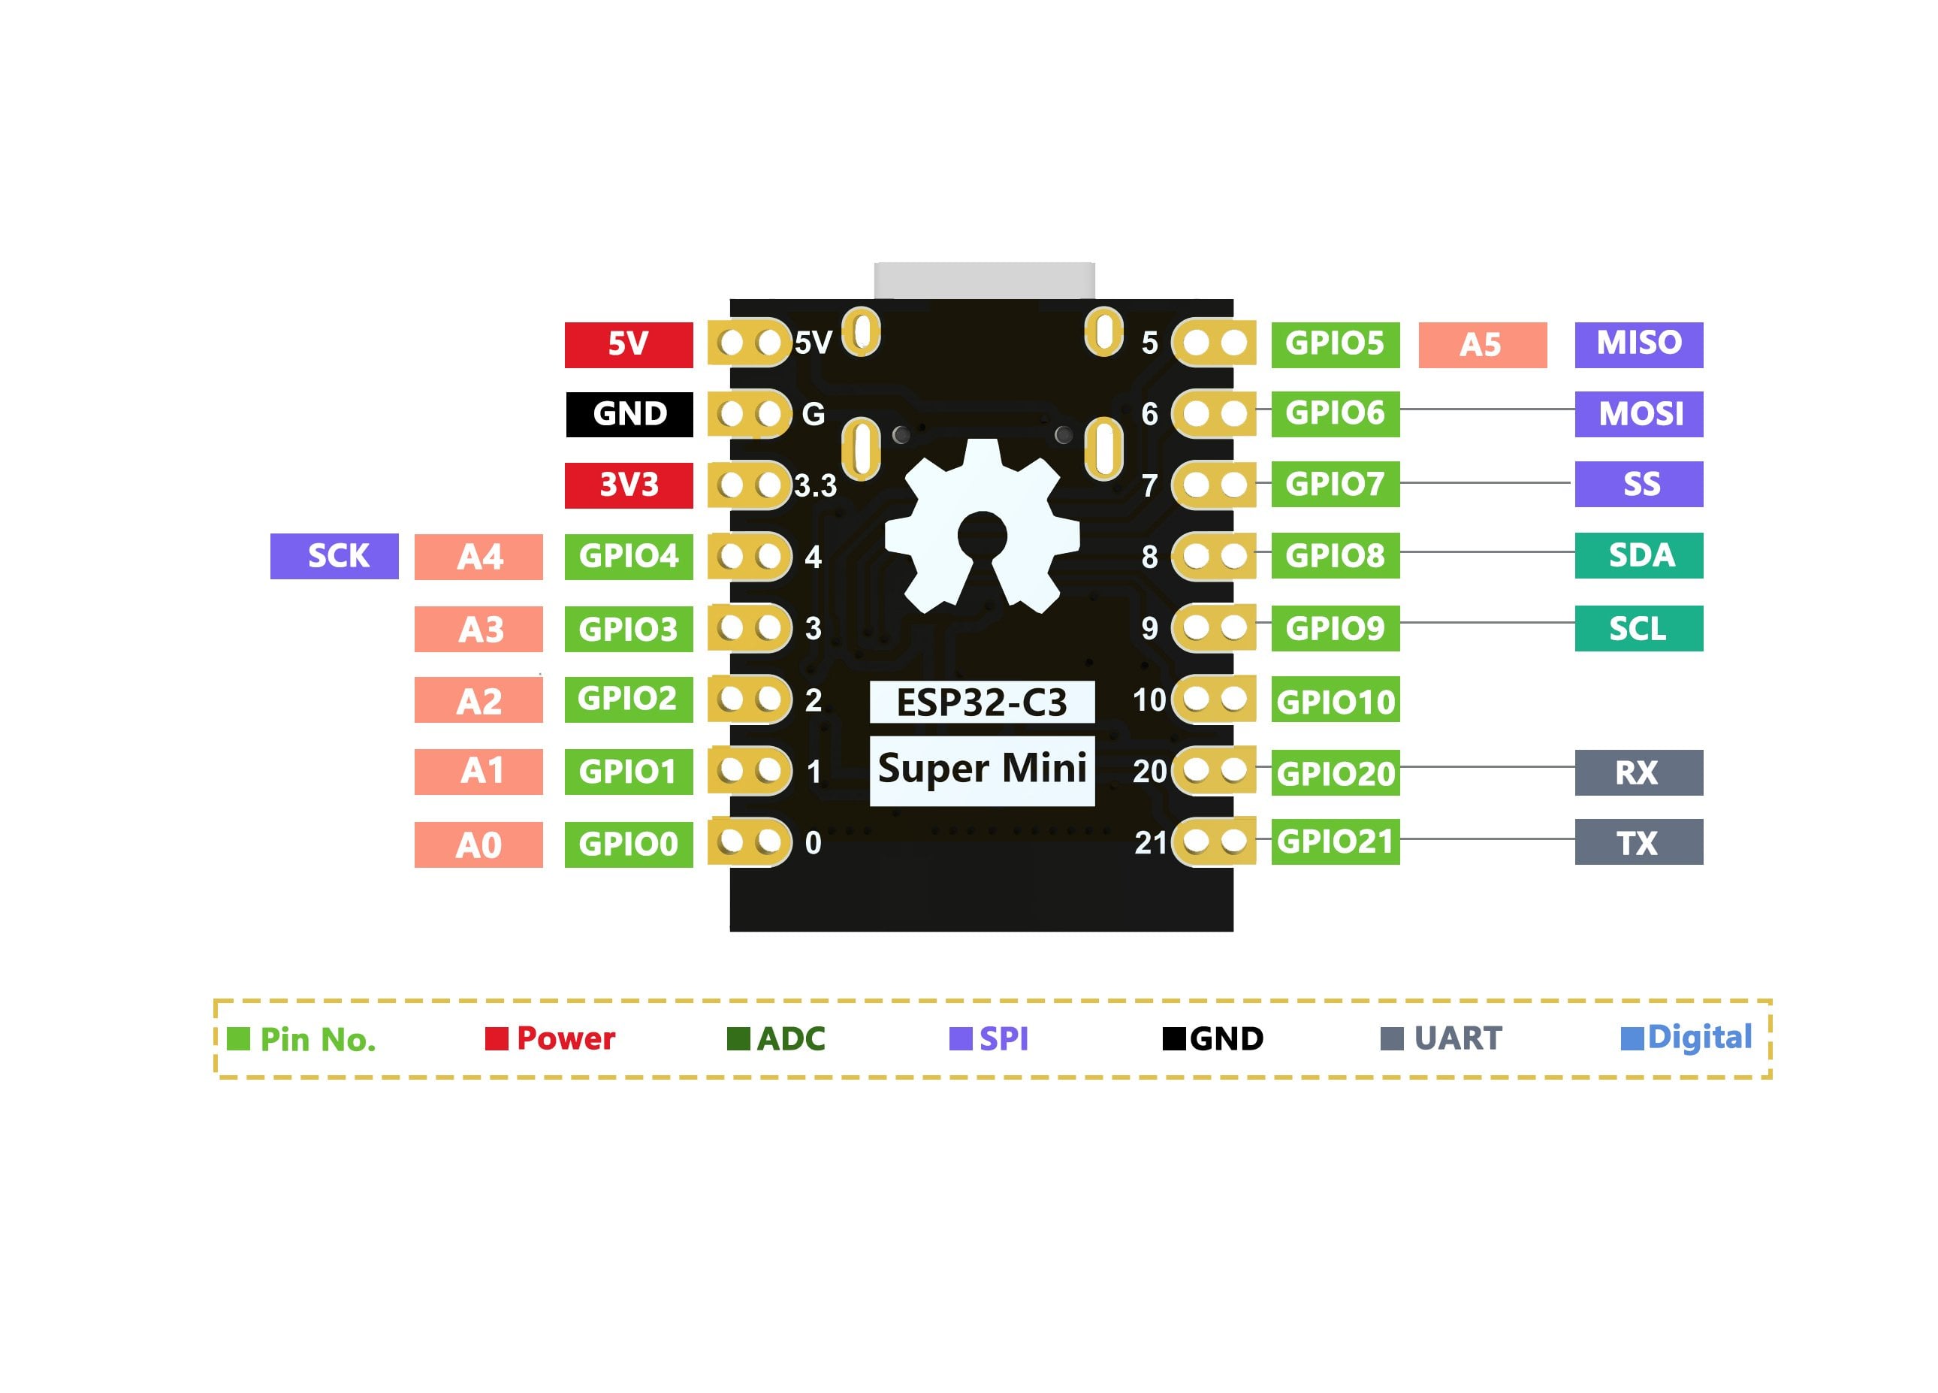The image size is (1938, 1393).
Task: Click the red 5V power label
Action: point(628,344)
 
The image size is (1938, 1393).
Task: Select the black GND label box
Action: point(629,415)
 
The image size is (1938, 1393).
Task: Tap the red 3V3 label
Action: point(628,485)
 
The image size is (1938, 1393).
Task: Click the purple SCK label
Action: point(334,556)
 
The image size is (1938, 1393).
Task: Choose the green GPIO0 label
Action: point(628,845)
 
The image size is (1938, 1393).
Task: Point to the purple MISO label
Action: point(1638,344)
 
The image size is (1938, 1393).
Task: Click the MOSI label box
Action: point(1638,415)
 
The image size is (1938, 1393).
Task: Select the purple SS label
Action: point(1638,485)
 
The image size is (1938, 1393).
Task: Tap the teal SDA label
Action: point(1638,555)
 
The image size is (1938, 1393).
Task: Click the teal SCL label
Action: point(1638,628)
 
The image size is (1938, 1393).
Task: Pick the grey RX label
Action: point(1638,772)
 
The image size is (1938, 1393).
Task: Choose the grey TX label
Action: point(1638,842)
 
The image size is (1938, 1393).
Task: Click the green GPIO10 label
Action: point(1335,701)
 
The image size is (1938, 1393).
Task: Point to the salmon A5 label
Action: point(1482,344)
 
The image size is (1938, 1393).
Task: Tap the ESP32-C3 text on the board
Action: point(982,703)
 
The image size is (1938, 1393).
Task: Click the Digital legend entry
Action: point(1687,1038)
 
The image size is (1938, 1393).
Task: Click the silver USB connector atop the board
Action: point(983,280)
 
